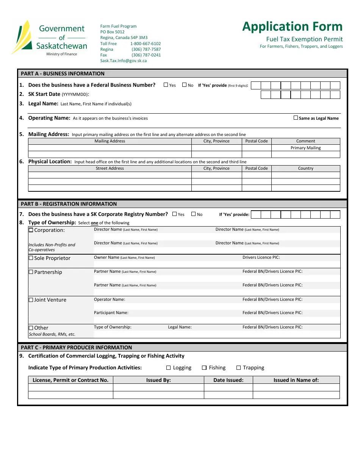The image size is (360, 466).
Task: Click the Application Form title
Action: click(x=292, y=27)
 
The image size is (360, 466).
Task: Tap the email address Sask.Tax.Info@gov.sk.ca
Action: click(x=123, y=61)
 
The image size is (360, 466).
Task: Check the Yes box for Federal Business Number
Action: click(x=166, y=85)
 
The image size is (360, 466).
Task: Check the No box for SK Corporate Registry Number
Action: click(x=193, y=214)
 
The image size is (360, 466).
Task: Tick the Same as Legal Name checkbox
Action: click(x=296, y=118)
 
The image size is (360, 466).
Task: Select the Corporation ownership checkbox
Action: click(x=31, y=230)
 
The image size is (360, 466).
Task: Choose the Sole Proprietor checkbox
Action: click(x=31, y=258)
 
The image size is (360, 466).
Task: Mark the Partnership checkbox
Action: click(x=31, y=272)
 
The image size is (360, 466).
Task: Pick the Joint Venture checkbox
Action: click(x=31, y=300)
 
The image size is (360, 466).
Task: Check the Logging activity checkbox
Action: click(x=169, y=367)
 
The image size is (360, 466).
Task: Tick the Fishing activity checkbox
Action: click(x=204, y=367)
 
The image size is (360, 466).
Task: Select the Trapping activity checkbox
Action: click(x=239, y=367)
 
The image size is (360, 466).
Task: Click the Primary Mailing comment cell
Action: click(x=305, y=148)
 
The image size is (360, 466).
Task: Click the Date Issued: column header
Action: click(x=228, y=380)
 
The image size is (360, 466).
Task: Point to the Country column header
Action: click(x=305, y=168)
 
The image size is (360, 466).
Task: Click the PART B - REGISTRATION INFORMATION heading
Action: click(x=69, y=204)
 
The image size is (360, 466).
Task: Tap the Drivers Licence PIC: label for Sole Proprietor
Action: click(x=261, y=258)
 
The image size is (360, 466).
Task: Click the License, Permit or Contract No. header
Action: click(x=70, y=380)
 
